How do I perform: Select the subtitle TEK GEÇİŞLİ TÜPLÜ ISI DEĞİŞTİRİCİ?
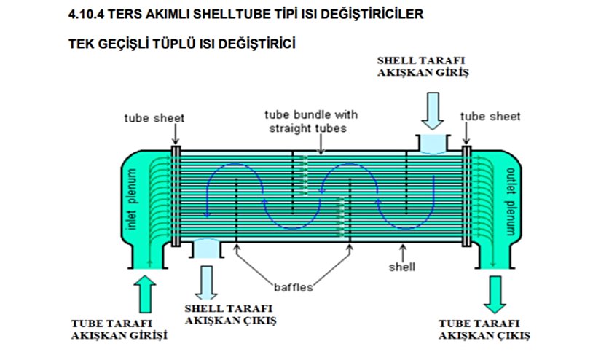[181, 44]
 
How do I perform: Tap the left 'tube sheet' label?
[154, 117]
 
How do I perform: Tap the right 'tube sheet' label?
[491, 117]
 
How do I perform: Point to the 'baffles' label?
[294, 287]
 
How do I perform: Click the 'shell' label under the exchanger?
[402, 267]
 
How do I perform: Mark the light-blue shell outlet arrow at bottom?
[206, 280]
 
